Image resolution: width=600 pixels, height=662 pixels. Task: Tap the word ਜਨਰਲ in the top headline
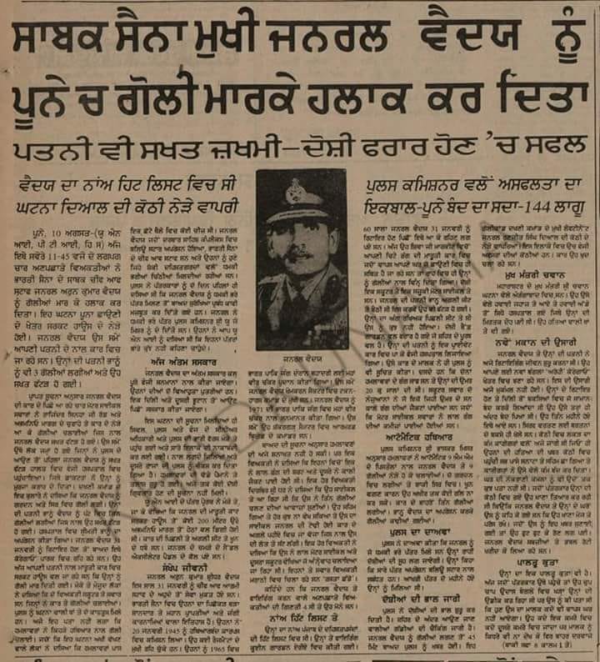[367, 40]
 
